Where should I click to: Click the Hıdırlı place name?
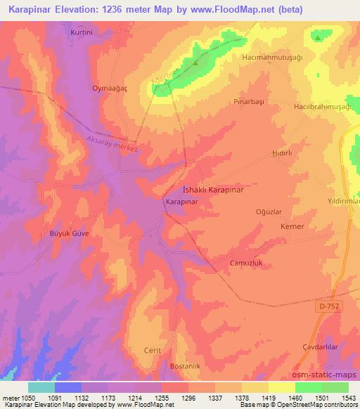point(281,151)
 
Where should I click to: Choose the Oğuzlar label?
point(269,211)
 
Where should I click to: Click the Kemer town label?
point(292,227)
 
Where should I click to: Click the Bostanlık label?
point(186,366)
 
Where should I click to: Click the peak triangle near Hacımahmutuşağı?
point(319,38)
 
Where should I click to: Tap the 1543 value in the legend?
point(348,398)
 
